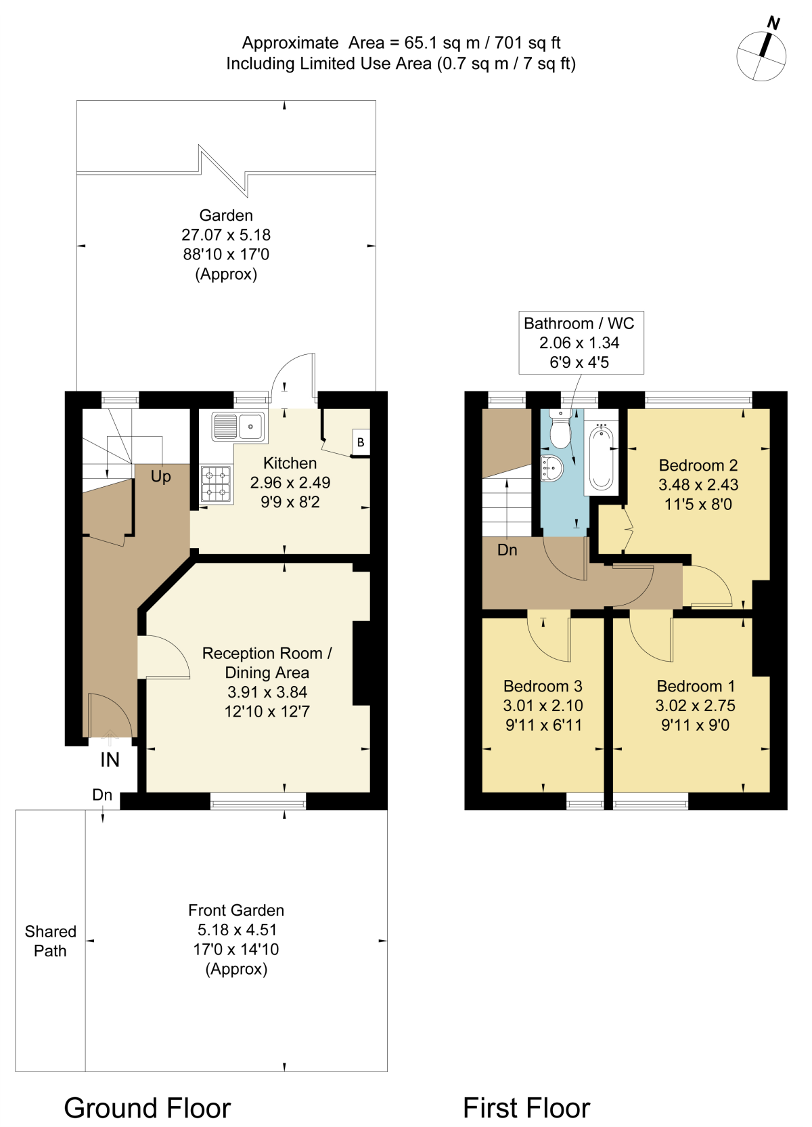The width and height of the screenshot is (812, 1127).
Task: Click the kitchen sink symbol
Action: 238,427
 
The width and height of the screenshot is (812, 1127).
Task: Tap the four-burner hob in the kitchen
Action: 216,484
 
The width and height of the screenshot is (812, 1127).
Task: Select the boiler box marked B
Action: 361,442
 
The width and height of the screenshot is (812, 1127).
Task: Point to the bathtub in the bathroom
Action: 602,456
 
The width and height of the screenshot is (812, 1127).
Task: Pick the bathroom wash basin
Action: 552,468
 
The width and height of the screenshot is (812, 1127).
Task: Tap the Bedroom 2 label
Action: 698,465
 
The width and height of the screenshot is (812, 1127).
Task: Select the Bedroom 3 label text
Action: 543,686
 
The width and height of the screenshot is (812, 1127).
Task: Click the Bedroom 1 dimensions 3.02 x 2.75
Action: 695,706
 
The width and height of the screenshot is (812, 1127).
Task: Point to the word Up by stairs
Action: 161,476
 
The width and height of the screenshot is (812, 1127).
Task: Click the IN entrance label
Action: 110,760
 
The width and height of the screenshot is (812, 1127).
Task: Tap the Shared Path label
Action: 50,941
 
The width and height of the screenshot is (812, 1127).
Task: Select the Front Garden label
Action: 236,910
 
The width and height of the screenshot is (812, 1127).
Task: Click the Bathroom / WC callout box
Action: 581,343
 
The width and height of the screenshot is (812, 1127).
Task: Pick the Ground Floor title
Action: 148,1108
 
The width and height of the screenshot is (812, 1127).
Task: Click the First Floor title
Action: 526,1108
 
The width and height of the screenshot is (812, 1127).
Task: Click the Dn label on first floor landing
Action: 507,550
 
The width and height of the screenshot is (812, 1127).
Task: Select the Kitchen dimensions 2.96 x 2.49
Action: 290,483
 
